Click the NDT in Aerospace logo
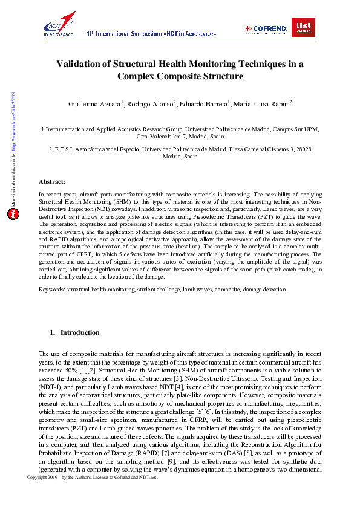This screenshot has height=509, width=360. (x=59, y=24)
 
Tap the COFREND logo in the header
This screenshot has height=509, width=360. (x=266, y=29)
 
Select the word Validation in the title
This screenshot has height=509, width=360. (x=82, y=63)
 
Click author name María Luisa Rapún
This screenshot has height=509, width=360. (x=267, y=105)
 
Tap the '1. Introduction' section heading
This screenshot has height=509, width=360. (x=74, y=332)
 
